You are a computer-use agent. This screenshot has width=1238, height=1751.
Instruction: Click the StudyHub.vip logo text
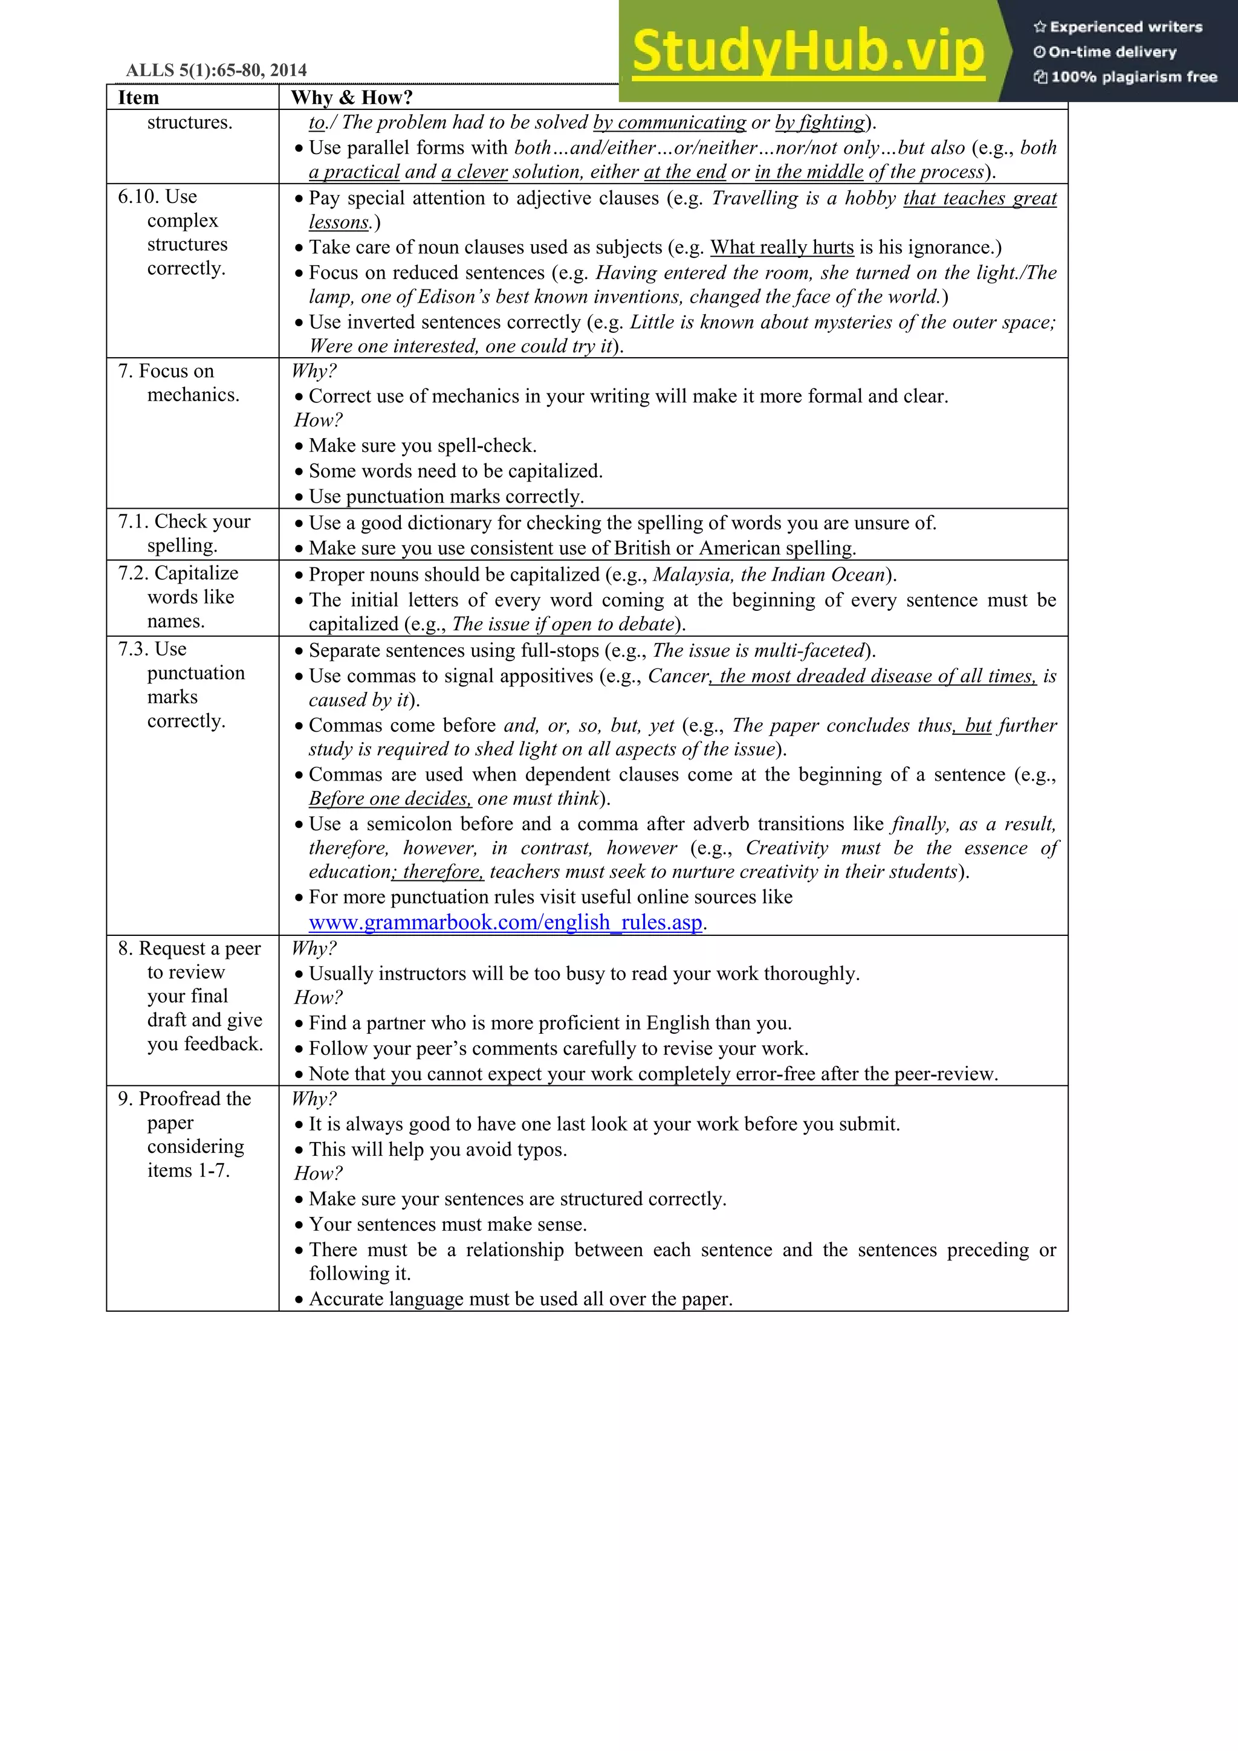tap(808, 52)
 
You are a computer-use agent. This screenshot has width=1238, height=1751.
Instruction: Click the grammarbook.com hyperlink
tap(505, 923)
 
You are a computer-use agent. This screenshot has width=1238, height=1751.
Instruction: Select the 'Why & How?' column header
tap(352, 98)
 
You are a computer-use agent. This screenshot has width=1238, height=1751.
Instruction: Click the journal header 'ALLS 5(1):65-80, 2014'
tap(216, 70)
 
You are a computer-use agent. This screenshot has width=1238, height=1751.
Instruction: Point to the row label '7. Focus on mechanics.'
tap(178, 383)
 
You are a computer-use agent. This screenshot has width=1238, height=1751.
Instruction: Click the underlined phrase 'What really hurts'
tap(782, 248)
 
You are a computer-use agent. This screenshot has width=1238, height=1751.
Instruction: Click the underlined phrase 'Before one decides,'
tap(390, 799)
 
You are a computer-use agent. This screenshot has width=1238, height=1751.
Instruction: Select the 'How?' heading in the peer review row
tap(318, 998)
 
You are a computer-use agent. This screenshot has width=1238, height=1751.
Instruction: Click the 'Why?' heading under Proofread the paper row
tap(314, 1099)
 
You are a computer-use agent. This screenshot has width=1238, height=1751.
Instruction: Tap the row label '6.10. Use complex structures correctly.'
tap(172, 232)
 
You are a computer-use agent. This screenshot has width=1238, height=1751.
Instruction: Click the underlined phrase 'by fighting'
tap(820, 123)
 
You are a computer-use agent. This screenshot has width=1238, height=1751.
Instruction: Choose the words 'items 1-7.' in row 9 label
tap(189, 1170)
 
